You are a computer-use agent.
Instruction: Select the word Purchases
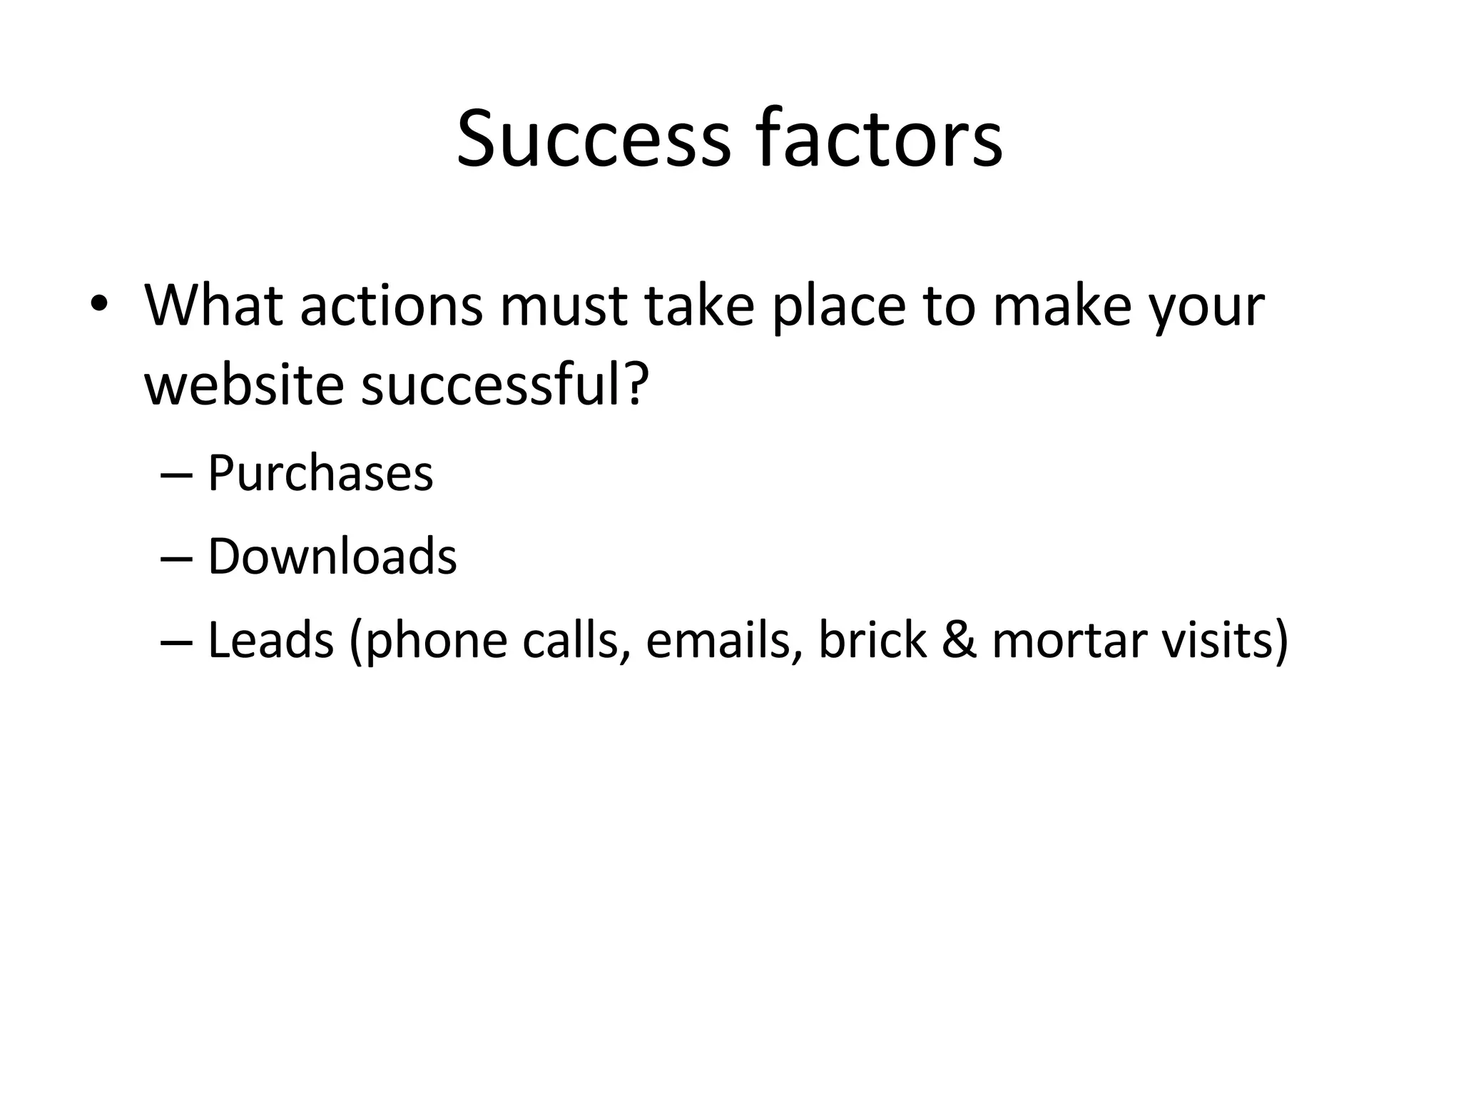point(320,474)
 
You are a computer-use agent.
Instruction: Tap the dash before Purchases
point(176,475)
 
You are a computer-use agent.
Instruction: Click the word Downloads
point(332,557)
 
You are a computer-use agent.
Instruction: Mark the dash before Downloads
point(176,558)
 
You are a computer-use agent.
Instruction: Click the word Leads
point(270,640)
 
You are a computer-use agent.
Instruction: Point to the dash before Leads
point(176,641)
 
